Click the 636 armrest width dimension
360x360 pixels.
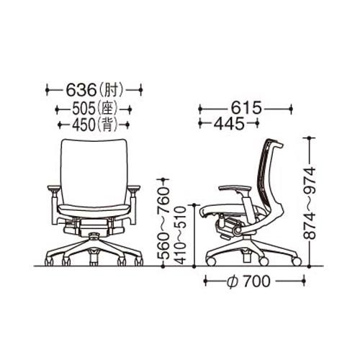pyautogui.click(x=81, y=90)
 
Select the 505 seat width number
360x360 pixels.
pyautogui.click(x=84, y=109)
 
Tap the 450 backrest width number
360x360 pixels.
pyautogui.click(x=84, y=125)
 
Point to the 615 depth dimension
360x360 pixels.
pyautogui.click(x=246, y=107)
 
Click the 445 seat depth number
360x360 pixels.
pyautogui.click(x=229, y=124)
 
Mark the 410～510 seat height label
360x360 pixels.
pyautogui.click(x=180, y=235)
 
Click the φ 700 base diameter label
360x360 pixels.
pyautogui.click(x=248, y=281)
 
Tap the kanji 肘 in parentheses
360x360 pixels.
pyautogui.click(x=112, y=90)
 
